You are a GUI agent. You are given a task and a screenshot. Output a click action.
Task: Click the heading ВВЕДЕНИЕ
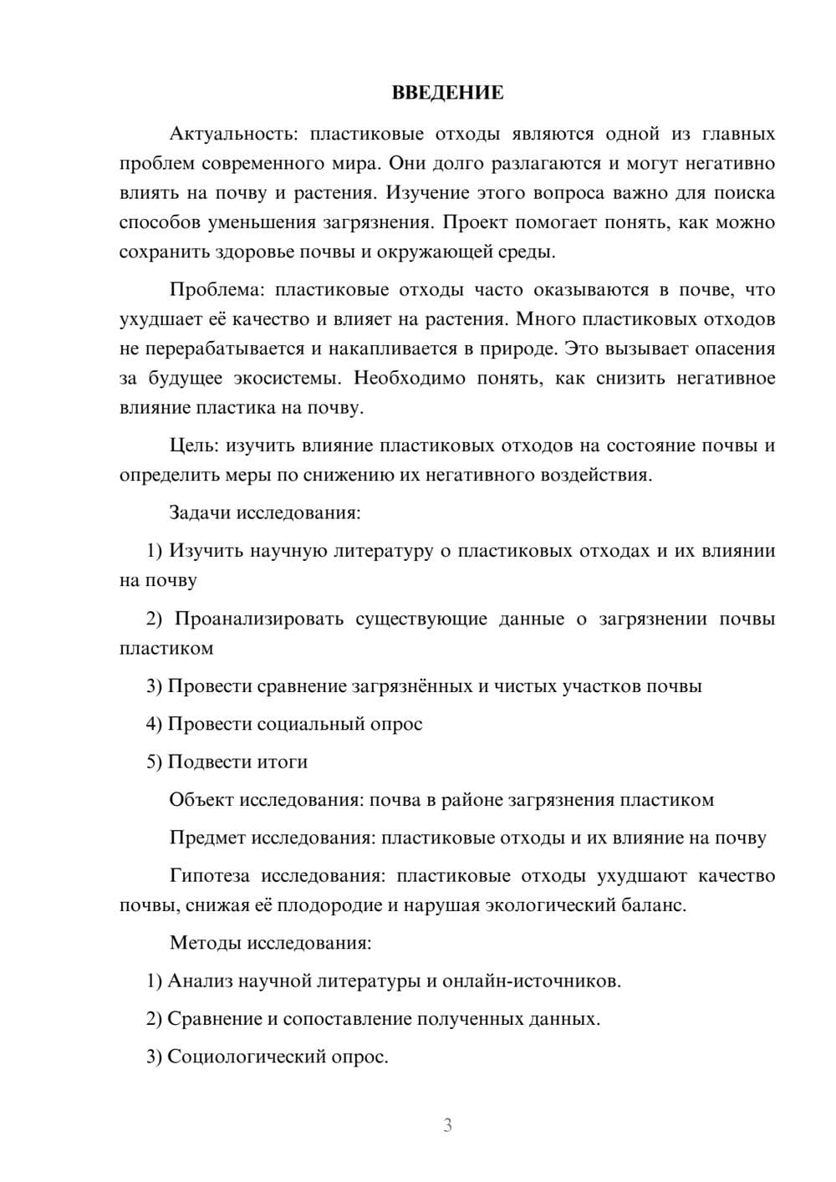[x=447, y=93]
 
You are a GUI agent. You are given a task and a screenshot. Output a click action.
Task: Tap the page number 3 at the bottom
[x=447, y=1125]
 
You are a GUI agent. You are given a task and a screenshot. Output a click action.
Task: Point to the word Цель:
[x=194, y=446]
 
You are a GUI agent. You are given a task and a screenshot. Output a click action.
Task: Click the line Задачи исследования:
[x=265, y=512]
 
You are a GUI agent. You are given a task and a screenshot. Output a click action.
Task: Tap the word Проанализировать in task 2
[x=259, y=619]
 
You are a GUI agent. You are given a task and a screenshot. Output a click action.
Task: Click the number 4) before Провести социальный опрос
[x=154, y=724]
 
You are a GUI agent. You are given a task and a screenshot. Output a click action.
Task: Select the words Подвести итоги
[x=237, y=762]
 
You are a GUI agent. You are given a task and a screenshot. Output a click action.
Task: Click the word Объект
[x=201, y=800]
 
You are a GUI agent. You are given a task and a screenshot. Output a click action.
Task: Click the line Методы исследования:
[x=270, y=943]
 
